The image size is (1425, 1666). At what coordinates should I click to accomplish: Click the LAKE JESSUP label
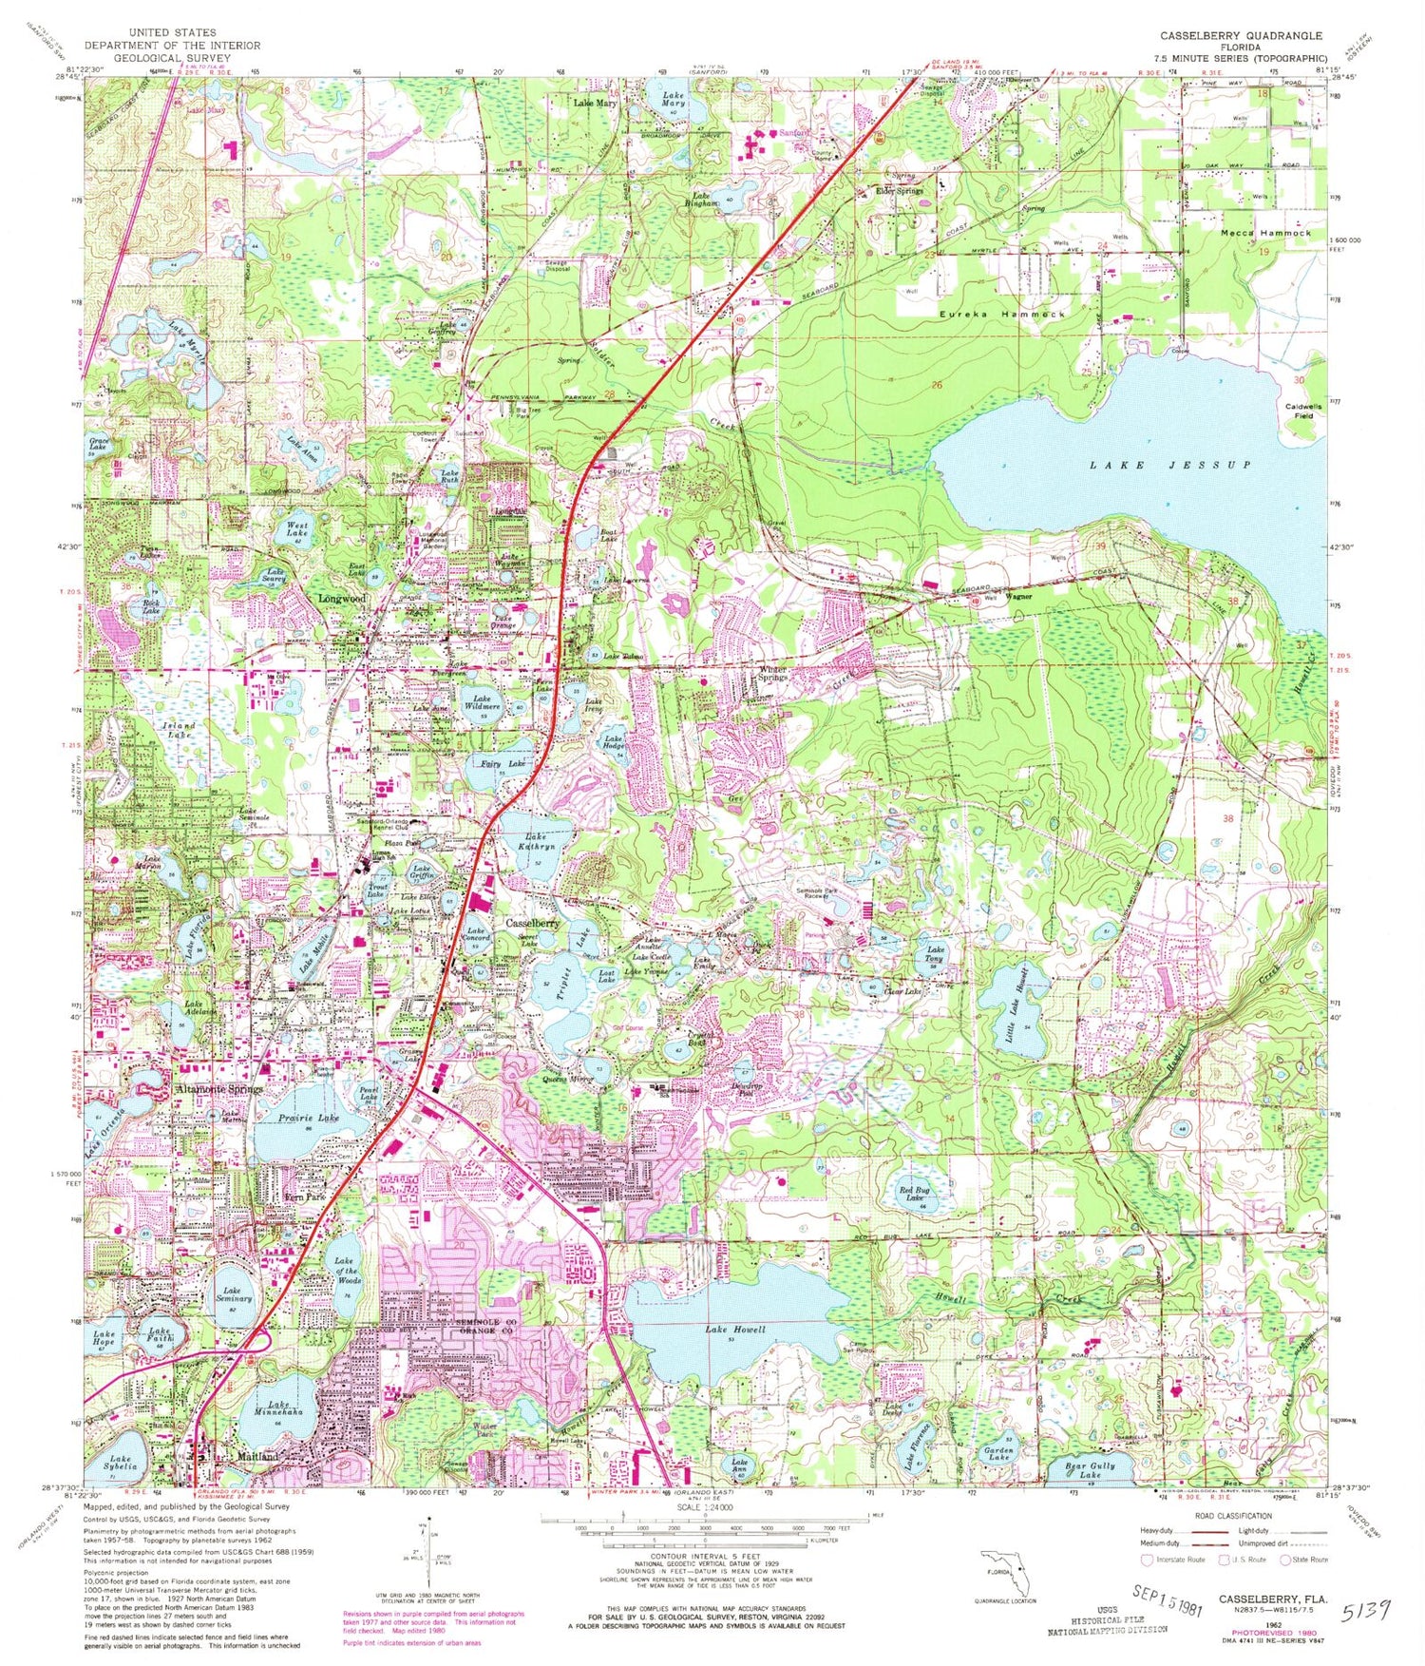coord(1169,465)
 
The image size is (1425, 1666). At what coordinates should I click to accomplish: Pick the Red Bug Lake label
coord(914,1195)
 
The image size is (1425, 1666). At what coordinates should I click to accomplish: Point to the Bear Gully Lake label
coord(1091,1470)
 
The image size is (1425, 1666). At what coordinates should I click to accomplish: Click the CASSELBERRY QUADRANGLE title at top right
coord(1240,35)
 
